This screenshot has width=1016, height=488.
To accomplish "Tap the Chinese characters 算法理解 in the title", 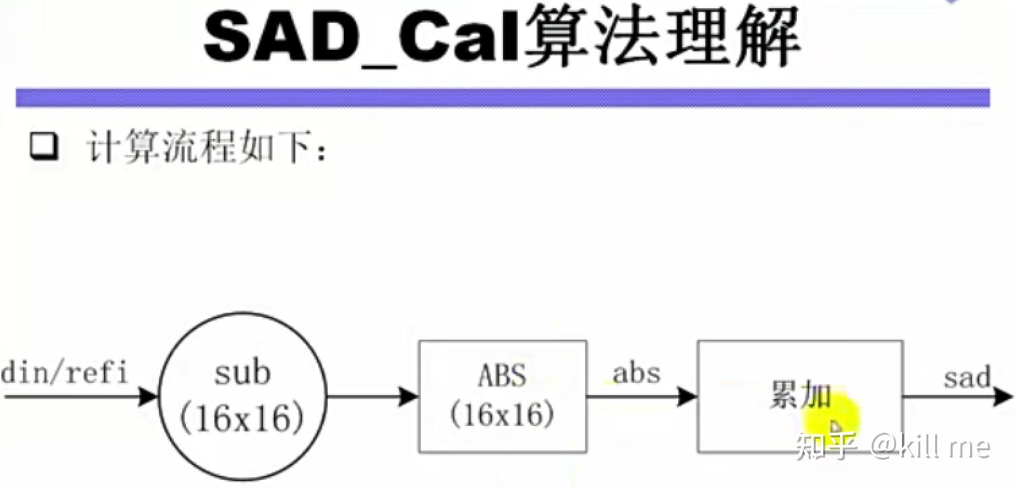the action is [661, 36].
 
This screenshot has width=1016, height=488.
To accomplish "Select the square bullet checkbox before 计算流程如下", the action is [44, 146].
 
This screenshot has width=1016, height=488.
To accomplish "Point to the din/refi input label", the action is [65, 373].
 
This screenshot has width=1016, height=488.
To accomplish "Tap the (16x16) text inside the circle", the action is [242, 418].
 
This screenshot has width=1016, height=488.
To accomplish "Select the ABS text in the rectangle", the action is [502, 375].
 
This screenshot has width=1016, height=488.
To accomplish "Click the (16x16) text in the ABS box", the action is [502, 415].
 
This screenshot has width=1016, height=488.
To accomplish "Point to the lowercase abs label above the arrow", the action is [636, 373].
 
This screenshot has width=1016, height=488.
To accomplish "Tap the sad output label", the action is [967, 377].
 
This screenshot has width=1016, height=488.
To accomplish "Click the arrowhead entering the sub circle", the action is [148, 397].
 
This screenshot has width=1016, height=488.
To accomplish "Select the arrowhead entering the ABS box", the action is [408, 397].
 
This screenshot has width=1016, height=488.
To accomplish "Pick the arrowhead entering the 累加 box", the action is [687, 397].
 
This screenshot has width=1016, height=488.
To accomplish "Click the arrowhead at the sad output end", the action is [1003, 397].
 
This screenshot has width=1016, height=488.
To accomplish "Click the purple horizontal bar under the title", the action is [502, 98].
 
